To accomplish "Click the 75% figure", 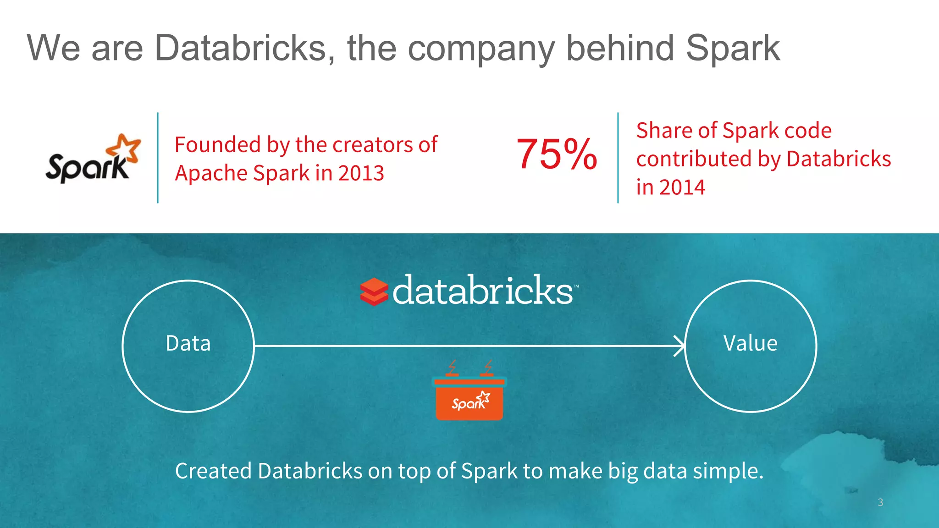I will pyautogui.click(x=557, y=154).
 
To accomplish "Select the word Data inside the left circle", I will pyautogui.click(x=188, y=343).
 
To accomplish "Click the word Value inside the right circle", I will pyautogui.click(x=750, y=343).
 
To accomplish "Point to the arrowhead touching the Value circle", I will pyautogui.click(x=679, y=346).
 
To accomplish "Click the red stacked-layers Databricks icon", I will pyautogui.click(x=374, y=292).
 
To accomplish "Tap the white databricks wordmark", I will pyautogui.click(x=483, y=291).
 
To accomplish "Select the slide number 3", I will pyautogui.click(x=880, y=502).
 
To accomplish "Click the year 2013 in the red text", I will pyautogui.click(x=361, y=173).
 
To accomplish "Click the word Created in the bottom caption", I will pyautogui.click(x=213, y=471).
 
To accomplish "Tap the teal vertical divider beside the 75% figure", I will pyautogui.click(x=618, y=158).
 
